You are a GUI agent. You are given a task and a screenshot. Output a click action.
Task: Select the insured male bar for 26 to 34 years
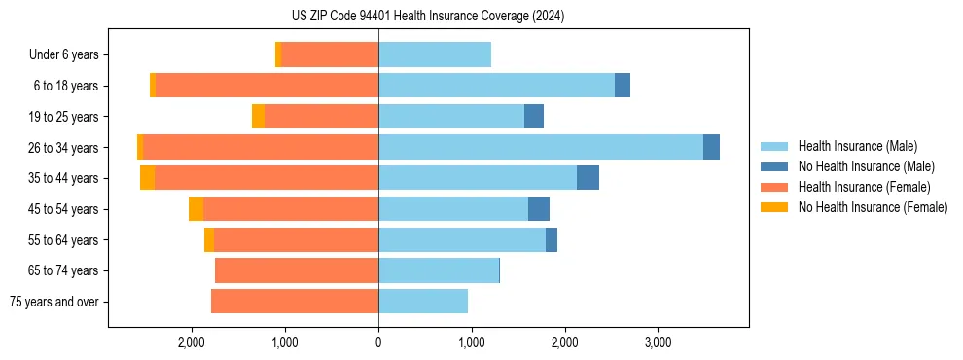[x=541, y=147]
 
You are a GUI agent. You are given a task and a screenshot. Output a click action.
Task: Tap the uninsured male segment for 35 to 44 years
[x=588, y=178]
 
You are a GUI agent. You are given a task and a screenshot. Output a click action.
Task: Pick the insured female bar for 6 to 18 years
[x=267, y=86]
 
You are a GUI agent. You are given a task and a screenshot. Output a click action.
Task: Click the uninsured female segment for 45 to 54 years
[x=196, y=208]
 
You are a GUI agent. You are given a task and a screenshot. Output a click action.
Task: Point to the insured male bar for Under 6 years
[x=435, y=54]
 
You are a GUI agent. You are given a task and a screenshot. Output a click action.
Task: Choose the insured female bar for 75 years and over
[x=295, y=302]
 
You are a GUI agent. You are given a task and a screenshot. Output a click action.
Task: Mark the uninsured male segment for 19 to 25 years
[x=534, y=117]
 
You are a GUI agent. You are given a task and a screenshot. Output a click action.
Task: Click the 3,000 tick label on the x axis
[x=658, y=342]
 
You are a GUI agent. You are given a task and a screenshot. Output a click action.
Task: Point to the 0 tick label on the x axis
[x=378, y=342]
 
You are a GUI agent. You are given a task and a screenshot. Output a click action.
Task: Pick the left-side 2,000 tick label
[x=192, y=342]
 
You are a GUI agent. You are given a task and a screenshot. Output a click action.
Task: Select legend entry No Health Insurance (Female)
[x=873, y=207]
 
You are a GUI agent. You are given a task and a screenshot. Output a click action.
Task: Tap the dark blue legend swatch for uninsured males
[x=774, y=166]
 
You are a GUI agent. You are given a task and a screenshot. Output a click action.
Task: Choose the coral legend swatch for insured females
[x=774, y=187]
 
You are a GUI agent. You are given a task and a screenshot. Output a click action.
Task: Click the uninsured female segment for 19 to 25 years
[x=258, y=117]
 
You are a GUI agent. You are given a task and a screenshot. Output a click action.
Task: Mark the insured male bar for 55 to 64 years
[x=462, y=239]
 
